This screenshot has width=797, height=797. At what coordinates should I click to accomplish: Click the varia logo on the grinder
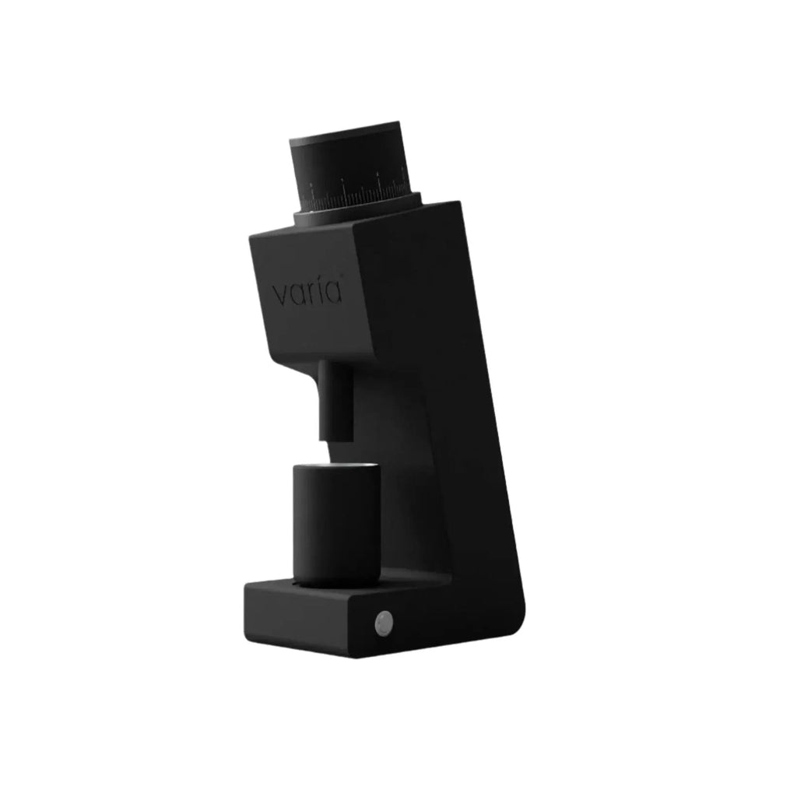(x=307, y=293)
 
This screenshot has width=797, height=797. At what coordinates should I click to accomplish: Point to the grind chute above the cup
(x=335, y=401)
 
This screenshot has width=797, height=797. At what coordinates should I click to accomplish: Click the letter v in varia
(x=279, y=296)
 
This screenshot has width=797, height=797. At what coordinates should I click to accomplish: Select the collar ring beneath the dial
(x=358, y=210)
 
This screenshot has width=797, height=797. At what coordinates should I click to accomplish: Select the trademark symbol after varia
(x=342, y=283)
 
